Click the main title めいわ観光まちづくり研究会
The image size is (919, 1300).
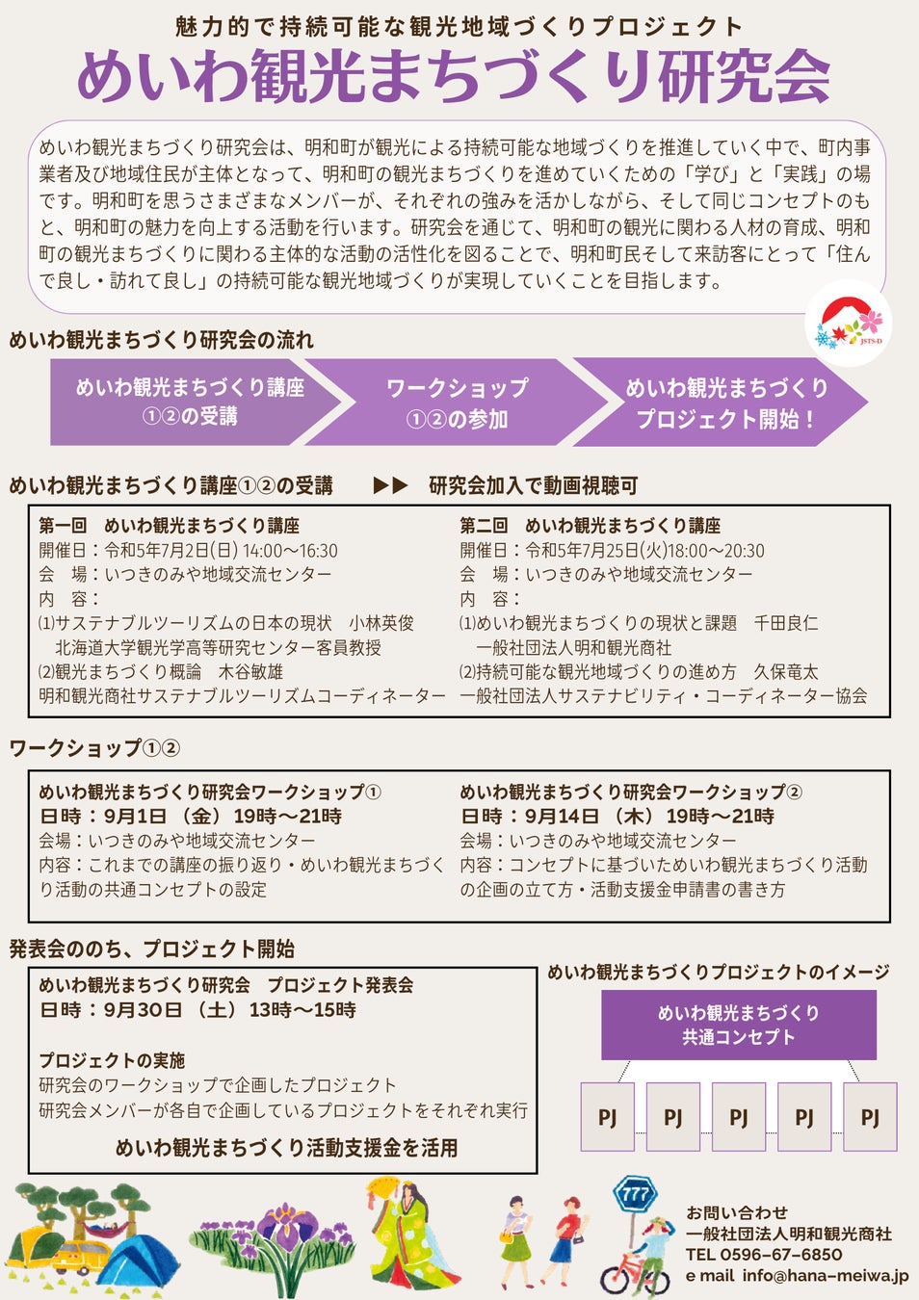(453, 76)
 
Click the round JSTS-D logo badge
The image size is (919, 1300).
(848, 325)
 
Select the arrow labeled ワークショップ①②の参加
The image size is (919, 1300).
(457, 403)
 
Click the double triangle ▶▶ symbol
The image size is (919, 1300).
(390, 485)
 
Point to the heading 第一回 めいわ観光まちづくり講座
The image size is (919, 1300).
(170, 526)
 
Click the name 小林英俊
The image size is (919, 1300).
(381, 623)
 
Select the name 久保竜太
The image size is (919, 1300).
(785, 671)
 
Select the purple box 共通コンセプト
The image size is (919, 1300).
(739, 1025)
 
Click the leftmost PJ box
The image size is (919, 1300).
(607, 1117)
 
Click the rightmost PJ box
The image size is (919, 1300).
(869, 1117)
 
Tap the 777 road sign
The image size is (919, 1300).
(635, 1195)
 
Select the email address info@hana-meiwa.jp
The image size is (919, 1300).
(825, 1276)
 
